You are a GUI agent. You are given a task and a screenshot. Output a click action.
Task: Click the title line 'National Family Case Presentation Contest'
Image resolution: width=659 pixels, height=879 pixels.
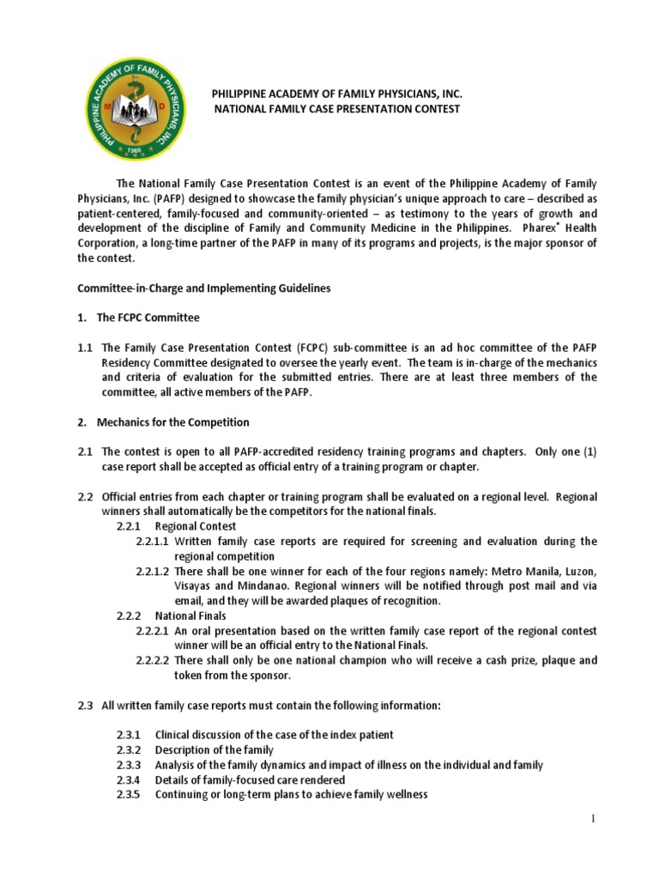(x=336, y=109)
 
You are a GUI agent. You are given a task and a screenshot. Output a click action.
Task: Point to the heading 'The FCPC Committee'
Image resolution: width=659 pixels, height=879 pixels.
(x=148, y=318)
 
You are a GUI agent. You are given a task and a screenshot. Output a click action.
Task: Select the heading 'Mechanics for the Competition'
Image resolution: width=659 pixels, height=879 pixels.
(x=172, y=421)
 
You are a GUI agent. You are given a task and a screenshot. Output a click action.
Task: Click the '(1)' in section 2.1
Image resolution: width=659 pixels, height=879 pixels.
(x=586, y=452)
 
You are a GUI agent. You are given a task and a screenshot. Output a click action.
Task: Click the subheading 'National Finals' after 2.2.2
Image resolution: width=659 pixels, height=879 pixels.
(x=190, y=615)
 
